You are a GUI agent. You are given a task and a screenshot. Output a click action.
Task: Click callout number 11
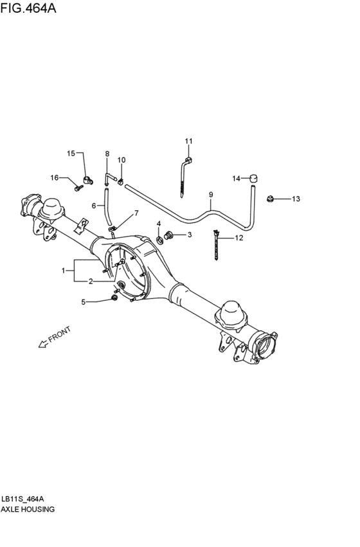[x=188, y=141]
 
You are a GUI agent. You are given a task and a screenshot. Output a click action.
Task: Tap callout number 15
[x=71, y=153]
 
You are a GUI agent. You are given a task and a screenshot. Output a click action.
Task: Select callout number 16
[x=55, y=177]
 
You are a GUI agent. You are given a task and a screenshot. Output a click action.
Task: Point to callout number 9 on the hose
[x=210, y=193]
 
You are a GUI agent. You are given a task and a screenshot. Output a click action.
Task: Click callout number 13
[x=296, y=199]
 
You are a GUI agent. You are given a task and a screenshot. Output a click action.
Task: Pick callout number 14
[x=236, y=178]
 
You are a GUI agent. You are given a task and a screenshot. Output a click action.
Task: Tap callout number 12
[x=239, y=238]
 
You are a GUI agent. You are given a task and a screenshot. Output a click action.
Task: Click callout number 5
[x=82, y=301]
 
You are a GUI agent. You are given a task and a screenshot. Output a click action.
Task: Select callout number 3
[x=189, y=235]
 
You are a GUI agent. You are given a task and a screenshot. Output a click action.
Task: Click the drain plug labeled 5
[x=114, y=296]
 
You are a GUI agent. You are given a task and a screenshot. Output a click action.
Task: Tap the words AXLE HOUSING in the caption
[x=28, y=509]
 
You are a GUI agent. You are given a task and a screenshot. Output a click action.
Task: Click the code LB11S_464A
[x=23, y=499]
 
